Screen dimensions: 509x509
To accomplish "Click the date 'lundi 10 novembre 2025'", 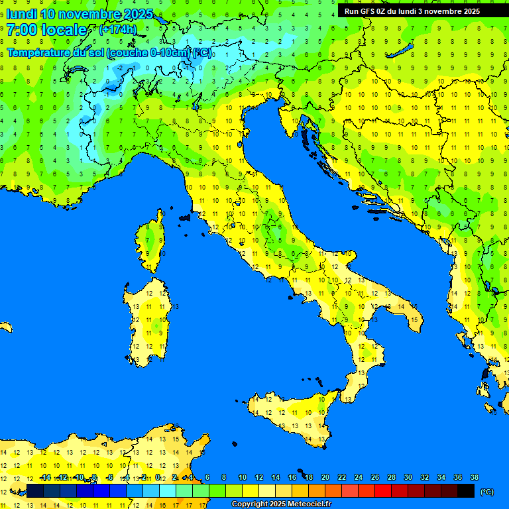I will click(80, 14).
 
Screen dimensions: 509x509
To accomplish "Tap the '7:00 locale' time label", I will click(46, 30).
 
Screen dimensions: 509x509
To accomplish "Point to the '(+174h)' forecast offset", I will click(117, 30).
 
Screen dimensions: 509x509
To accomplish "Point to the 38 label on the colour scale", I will click(474, 477).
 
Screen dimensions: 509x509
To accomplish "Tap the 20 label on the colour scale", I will click(325, 477).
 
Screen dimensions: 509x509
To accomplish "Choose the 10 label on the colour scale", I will click(242, 477).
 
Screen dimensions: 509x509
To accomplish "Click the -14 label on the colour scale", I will click(45, 477).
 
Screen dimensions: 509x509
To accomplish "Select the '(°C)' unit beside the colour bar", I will click(487, 492).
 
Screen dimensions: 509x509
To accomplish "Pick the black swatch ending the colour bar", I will click(466, 490).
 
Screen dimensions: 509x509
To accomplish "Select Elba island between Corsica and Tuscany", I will click(184, 217).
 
